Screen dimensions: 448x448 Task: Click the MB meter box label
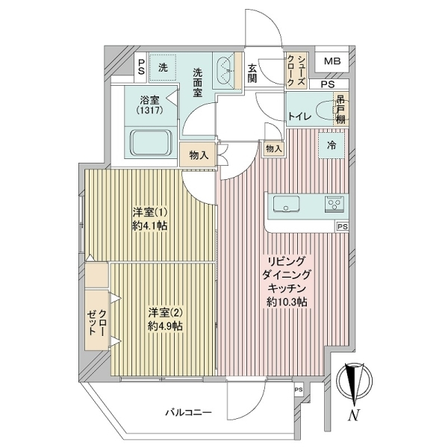[x=332, y=61]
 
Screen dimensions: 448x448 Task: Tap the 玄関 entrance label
[x=252, y=73]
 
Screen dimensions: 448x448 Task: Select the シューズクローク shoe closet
[x=297, y=71]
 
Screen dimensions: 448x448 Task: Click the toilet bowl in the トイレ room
[x=325, y=110]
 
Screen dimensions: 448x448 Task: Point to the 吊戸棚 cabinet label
[x=341, y=109]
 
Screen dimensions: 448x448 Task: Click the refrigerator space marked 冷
[x=332, y=146]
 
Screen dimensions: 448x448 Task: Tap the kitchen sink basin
[x=286, y=204]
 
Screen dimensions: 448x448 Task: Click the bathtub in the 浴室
[x=151, y=143]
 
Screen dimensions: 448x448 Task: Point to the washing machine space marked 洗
[x=163, y=67]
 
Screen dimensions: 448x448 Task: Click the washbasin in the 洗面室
[x=225, y=70]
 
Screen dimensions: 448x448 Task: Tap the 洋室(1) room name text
[x=149, y=212]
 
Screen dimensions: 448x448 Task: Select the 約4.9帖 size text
[x=166, y=326]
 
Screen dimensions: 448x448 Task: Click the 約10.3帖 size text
[x=287, y=302]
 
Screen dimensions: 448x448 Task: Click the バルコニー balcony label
[x=189, y=413]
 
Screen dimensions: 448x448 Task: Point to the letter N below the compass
[x=353, y=415]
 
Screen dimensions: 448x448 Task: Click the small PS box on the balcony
[x=299, y=390]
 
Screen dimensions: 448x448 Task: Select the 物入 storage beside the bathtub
[x=198, y=155]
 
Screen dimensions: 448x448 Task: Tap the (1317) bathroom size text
[x=149, y=110]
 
